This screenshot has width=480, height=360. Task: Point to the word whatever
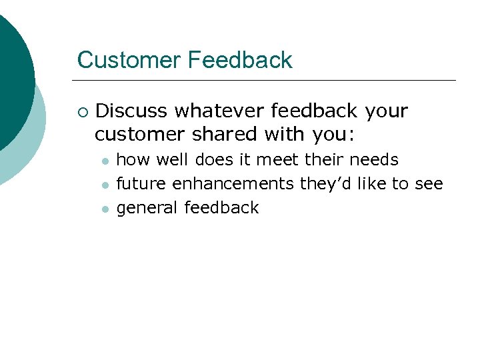[x=216, y=111]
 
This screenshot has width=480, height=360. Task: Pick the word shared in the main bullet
[x=225, y=134]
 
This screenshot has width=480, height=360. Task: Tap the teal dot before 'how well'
[x=104, y=161]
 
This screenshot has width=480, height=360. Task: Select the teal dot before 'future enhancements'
[x=104, y=185]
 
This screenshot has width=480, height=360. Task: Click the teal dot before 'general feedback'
[x=104, y=209]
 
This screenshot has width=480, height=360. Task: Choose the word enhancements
[x=233, y=184]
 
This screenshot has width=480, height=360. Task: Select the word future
[x=141, y=184]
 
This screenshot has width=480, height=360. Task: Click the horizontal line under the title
[x=267, y=81]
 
